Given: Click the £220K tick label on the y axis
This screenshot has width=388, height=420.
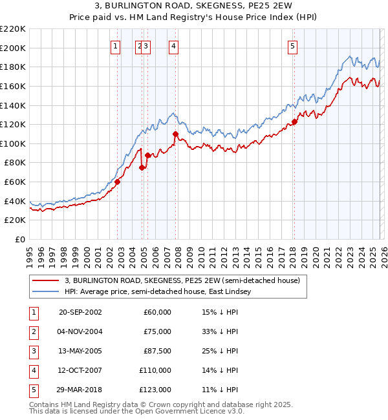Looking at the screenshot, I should point(13,29).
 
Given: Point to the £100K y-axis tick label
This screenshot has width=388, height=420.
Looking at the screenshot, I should point(13,143).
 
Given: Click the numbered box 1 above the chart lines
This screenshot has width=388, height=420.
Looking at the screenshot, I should point(115,46).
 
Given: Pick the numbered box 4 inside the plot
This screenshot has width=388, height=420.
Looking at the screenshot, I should point(175,46).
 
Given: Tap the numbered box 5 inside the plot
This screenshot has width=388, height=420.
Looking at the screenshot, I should point(293,46).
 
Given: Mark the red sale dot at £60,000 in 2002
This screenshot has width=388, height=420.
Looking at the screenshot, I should point(118,182).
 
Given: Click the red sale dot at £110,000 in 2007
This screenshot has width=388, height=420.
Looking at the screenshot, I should point(175,134).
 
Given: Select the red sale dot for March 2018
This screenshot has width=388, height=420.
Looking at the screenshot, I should point(294,121).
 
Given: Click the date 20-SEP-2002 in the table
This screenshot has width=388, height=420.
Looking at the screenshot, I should point(80,312).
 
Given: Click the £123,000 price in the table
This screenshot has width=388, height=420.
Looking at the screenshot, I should point(155,390).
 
